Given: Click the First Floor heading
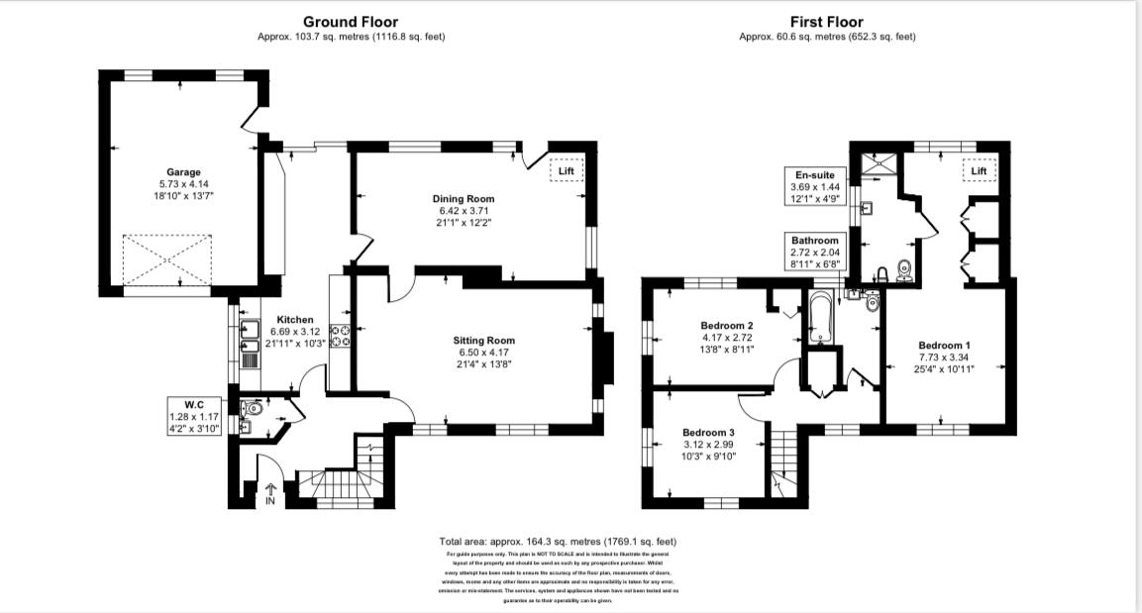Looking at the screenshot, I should [826, 22].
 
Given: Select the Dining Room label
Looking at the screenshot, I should [465, 198].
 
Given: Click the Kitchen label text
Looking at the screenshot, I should [295, 320].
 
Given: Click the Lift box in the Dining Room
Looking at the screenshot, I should [567, 171].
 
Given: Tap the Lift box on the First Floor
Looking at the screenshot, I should [979, 171].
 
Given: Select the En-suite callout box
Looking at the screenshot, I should [814, 186].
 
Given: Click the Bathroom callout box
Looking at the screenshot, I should [814, 252].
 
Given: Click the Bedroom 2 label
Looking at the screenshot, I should [727, 326].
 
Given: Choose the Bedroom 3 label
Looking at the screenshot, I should [709, 433].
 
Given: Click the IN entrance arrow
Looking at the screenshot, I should [270, 491].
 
